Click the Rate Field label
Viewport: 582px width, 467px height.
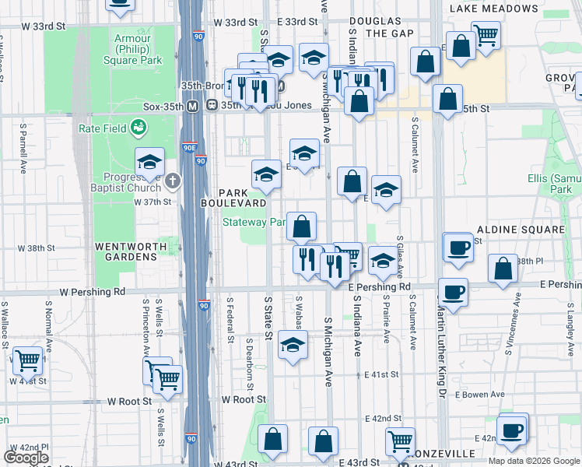(103, 127)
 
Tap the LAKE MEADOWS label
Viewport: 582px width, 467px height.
(493, 9)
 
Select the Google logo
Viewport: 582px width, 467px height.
(26, 458)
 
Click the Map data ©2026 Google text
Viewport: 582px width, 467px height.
(534, 461)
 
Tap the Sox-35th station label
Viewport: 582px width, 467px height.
(163, 106)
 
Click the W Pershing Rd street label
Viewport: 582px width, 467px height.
(93, 293)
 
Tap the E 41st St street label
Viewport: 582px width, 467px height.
(381, 374)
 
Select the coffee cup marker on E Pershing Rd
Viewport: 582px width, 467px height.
(453, 293)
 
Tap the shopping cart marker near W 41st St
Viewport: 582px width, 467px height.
(28, 360)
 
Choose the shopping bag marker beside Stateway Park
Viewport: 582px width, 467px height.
(301, 226)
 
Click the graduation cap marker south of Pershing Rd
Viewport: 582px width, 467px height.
(292, 347)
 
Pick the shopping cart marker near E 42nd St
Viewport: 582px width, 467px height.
(400, 441)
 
